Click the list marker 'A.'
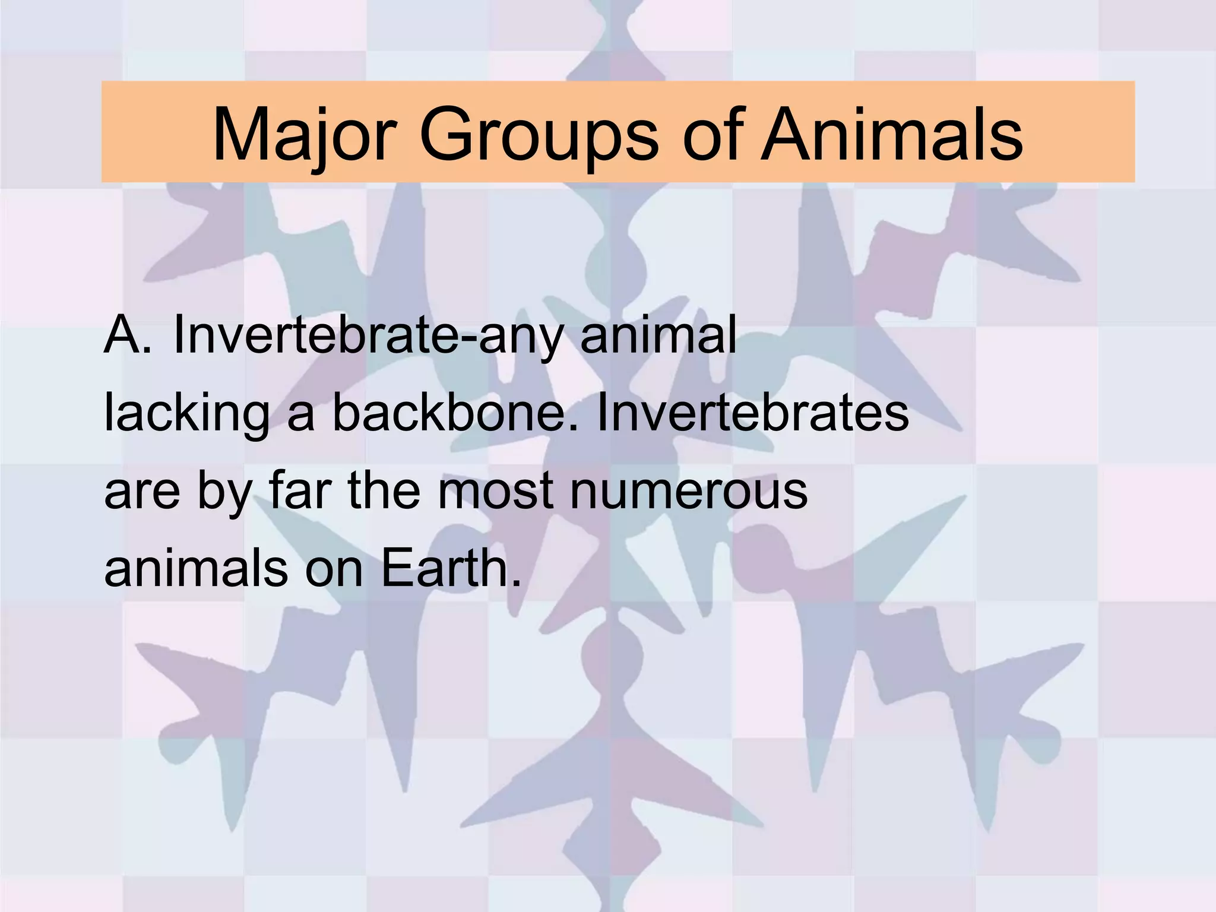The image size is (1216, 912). click(128, 336)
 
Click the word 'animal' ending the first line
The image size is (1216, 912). click(658, 336)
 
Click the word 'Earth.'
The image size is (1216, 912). click(451, 568)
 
